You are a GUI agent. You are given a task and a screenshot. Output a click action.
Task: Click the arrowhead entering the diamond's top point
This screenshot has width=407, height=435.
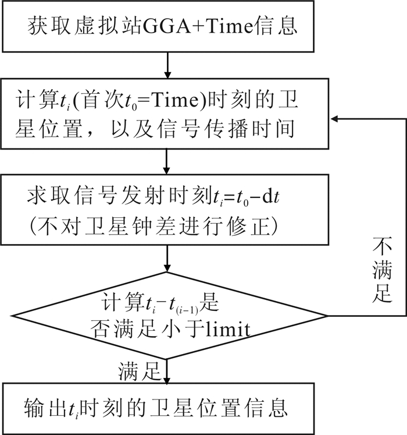167,267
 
